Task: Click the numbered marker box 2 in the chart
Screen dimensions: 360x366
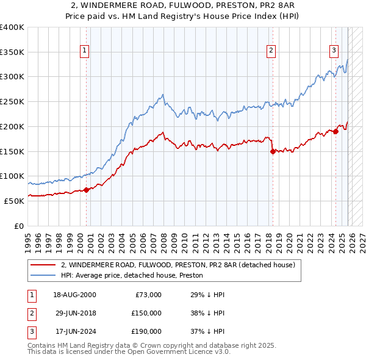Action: point(271,51)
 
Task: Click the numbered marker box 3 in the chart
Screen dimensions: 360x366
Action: point(334,51)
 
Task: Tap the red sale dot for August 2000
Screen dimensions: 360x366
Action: point(86,190)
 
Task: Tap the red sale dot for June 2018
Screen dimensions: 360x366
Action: point(273,151)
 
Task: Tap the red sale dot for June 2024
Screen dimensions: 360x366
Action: point(335,131)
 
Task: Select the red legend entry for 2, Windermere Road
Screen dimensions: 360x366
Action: point(178,265)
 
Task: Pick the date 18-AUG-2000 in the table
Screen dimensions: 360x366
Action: point(74,295)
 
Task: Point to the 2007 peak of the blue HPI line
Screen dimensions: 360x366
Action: point(162,95)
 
